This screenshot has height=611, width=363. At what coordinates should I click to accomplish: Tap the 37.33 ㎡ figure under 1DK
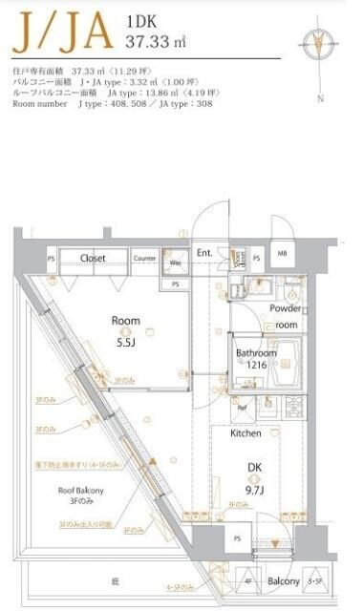pyautogui.click(x=155, y=41)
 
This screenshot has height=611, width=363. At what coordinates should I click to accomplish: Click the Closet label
pyautogui.click(x=93, y=258)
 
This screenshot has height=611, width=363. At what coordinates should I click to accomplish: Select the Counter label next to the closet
pyautogui.click(x=144, y=258)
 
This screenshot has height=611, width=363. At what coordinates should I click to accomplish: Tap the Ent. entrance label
pyautogui.click(x=204, y=253)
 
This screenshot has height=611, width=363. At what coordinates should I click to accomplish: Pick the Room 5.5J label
pyautogui.click(x=126, y=329)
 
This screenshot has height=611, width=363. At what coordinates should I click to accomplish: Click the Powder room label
pyautogui.click(x=286, y=316)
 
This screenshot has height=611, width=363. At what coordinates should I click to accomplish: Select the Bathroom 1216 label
pyautogui.click(x=255, y=359)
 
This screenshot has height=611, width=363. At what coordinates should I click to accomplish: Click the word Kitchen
pyautogui.click(x=246, y=432)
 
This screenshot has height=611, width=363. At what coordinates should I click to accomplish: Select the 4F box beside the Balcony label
pyautogui.click(x=247, y=581)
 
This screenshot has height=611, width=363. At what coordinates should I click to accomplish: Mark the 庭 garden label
pyautogui.click(x=115, y=579)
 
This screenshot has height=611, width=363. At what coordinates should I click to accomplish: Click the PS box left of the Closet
pyautogui.click(x=51, y=259)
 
